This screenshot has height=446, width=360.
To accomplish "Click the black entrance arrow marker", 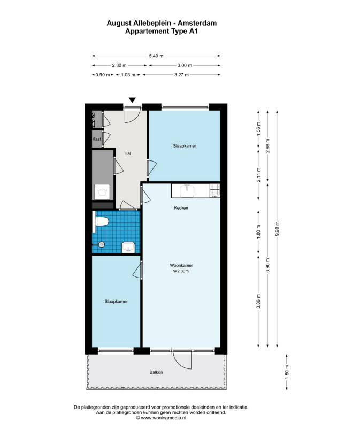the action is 132,100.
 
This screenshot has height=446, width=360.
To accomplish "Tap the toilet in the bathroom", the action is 101,221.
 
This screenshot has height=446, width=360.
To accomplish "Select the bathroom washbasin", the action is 128,248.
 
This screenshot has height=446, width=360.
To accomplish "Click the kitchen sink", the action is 187,190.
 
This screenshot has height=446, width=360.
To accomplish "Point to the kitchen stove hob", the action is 215,190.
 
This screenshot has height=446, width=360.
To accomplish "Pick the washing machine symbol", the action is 102,192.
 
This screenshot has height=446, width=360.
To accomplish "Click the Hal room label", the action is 127,153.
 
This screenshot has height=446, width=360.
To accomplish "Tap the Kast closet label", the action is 97,139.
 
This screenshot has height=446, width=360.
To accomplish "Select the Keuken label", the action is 181,208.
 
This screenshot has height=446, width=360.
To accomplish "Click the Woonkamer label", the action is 181,265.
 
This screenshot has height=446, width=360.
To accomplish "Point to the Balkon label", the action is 156,372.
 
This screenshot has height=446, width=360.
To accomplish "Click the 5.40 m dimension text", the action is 156,56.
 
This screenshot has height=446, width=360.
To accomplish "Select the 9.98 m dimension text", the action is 277,229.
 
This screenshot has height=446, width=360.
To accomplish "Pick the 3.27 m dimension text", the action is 181,75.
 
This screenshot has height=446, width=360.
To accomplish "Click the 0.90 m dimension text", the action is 103,75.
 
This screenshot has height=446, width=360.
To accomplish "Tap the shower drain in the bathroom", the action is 102,244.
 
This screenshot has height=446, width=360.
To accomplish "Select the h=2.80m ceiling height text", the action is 181,271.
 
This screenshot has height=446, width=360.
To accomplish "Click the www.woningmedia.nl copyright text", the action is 161,418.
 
